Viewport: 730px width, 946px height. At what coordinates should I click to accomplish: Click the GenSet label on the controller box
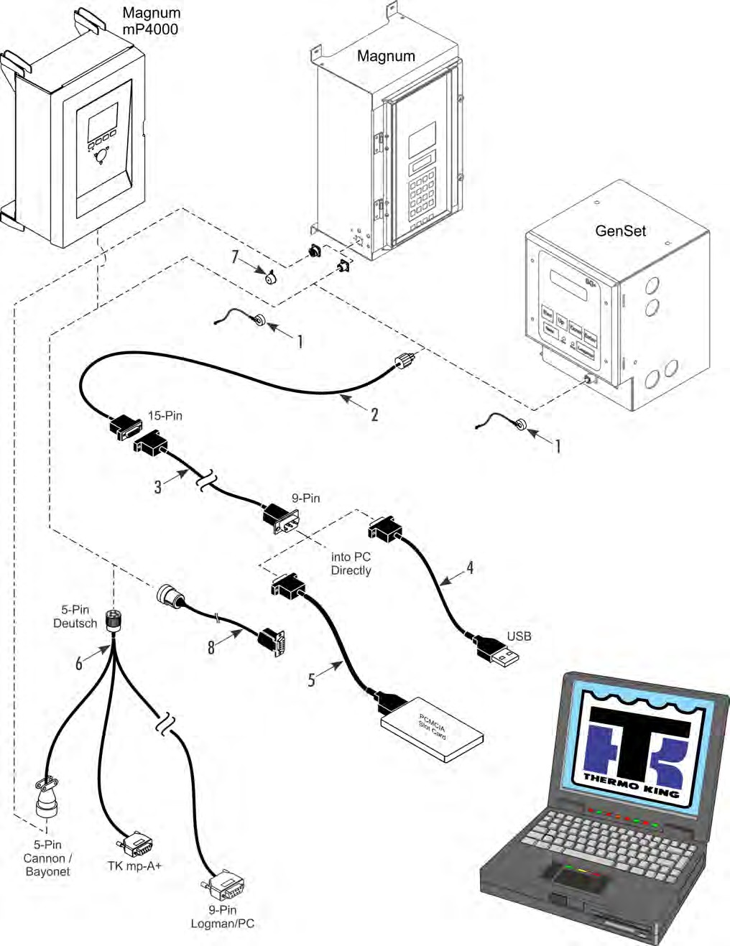click(620, 231)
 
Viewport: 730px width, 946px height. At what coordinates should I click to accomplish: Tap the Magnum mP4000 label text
click(151, 21)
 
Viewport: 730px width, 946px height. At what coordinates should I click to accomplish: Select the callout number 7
click(235, 256)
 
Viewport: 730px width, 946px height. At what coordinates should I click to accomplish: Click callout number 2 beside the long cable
click(374, 414)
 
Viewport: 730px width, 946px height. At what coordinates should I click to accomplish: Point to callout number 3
click(158, 487)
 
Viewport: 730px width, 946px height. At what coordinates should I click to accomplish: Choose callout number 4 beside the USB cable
click(470, 567)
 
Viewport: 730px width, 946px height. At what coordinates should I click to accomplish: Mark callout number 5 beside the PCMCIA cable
click(311, 680)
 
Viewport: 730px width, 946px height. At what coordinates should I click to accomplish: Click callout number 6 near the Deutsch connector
click(79, 662)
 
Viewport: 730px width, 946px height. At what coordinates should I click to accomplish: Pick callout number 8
click(211, 647)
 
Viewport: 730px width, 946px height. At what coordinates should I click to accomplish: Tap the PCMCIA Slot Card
click(432, 728)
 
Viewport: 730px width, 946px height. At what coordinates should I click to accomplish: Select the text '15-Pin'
click(165, 416)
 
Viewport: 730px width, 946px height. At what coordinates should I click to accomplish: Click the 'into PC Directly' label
click(351, 564)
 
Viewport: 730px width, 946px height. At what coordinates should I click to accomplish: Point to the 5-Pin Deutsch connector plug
click(113, 620)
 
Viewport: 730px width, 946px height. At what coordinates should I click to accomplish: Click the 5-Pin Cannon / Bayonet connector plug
click(47, 797)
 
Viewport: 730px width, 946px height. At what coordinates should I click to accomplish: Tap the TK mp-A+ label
click(134, 866)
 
